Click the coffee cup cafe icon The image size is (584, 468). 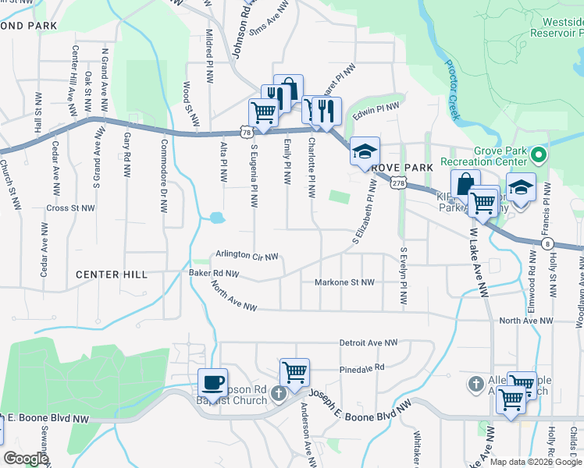click(212, 382)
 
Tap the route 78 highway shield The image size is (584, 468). click(247, 133)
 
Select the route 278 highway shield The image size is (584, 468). click(398, 183)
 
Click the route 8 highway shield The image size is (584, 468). click(547, 243)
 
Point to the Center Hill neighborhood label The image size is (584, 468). click(111, 275)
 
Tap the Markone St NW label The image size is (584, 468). click(344, 282)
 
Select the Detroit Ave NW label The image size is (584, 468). click(369, 342)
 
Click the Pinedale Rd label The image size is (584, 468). click(362, 367)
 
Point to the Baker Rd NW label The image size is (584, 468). click(213, 274)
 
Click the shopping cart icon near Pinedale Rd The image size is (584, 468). click(295, 372)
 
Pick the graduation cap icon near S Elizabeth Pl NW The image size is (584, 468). click(364, 151)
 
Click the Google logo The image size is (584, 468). click(26, 459)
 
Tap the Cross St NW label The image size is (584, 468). click(70, 208)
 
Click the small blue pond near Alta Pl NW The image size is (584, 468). click(216, 217)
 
